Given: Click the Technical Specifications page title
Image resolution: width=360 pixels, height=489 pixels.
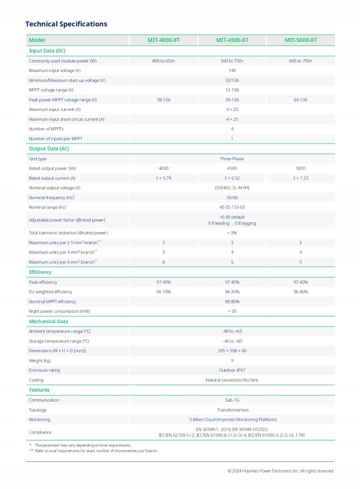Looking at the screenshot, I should pyautogui.click(x=66, y=24).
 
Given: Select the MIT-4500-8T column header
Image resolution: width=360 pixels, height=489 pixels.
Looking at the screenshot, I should pyautogui.click(x=232, y=40).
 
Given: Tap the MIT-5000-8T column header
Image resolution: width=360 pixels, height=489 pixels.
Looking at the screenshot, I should pyautogui.click(x=301, y=40).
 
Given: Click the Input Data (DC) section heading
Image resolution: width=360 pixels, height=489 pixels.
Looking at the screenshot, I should pyautogui.click(x=47, y=51).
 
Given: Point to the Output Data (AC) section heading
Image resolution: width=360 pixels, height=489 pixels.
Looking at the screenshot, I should pyautogui.click(x=49, y=149).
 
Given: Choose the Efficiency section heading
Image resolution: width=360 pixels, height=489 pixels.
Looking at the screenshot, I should pyautogui.click(x=40, y=272).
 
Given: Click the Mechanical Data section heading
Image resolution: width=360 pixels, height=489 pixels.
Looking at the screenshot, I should pyautogui.click(x=48, y=321).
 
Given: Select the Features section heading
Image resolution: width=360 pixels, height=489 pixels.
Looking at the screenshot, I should pyautogui.click(x=39, y=390).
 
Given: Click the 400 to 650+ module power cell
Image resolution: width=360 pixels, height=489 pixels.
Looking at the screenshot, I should pyautogui.click(x=163, y=61).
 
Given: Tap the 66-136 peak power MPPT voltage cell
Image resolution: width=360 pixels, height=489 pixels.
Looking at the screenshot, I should pyautogui.click(x=301, y=100).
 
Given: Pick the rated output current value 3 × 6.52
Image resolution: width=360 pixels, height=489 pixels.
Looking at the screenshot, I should pyautogui.click(x=232, y=178).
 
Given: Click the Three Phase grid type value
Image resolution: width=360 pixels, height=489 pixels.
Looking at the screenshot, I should pyautogui.click(x=232, y=159).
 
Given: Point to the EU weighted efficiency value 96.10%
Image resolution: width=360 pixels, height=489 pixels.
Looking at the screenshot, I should pyautogui.click(x=163, y=292).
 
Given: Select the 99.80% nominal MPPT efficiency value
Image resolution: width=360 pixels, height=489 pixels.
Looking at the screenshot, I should pyautogui.click(x=232, y=302).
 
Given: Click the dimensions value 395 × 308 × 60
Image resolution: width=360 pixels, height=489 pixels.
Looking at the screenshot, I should pyautogui.click(x=232, y=351).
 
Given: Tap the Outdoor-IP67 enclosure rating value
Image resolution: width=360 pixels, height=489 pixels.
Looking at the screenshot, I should pyautogui.click(x=232, y=370).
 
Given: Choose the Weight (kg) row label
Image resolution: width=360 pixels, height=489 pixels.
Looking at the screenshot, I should pyautogui.click(x=39, y=360).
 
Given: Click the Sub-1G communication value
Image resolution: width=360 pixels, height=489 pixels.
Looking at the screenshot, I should pyautogui.click(x=232, y=400).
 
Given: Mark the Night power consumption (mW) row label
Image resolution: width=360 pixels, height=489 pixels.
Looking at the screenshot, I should pyautogui.click(x=60, y=311).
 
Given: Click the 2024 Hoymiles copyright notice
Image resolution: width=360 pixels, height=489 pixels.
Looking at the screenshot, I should pyautogui.click(x=281, y=471).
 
